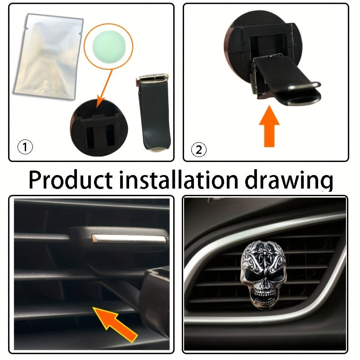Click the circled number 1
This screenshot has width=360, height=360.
point(25,147)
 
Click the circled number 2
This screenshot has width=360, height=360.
point(199,149)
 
